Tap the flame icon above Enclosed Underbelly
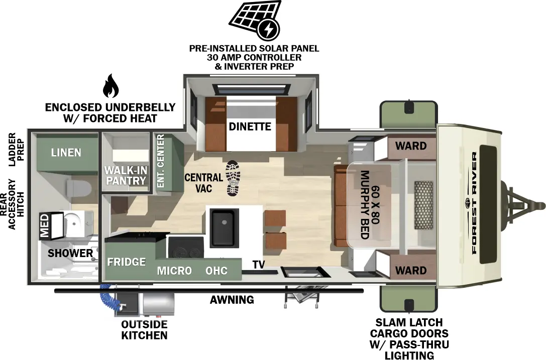coord(110,87)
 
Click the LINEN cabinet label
coord(66,152)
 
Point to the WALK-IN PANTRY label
coord(125,175)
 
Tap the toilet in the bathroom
coord(78,189)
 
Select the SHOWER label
coord(70,253)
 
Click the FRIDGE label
coord(126,262)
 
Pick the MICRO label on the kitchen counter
coord(174,271)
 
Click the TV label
coord(259,265)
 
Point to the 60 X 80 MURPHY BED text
coord(369,204)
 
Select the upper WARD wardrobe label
coord(410,146)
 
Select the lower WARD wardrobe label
coord(410,270)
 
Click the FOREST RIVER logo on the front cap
coord(474,204)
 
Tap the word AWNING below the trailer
coord(232,300)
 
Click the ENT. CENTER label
coord(161,162)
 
